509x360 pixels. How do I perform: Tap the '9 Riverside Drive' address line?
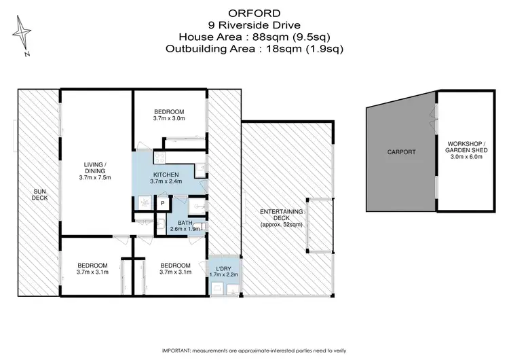[x=254, y=24]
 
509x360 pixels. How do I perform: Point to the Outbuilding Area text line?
[x=254, y=49]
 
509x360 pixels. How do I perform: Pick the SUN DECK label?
[x=39, y=196]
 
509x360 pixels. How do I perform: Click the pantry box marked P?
[x=163, y=202]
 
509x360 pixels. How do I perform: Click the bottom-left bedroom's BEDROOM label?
[x=92, y=265]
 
